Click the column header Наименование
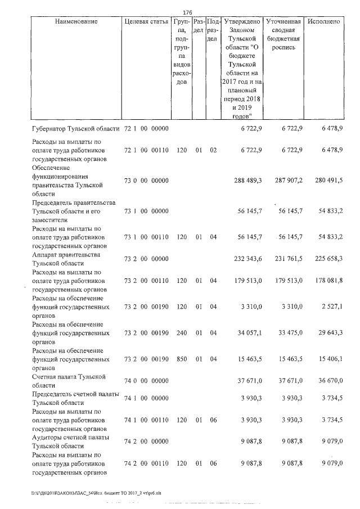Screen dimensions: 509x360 click(x=76, y=21)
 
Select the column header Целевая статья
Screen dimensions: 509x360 click(x=146, y=21)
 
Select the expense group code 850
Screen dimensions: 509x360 click(x=181, y=358)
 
